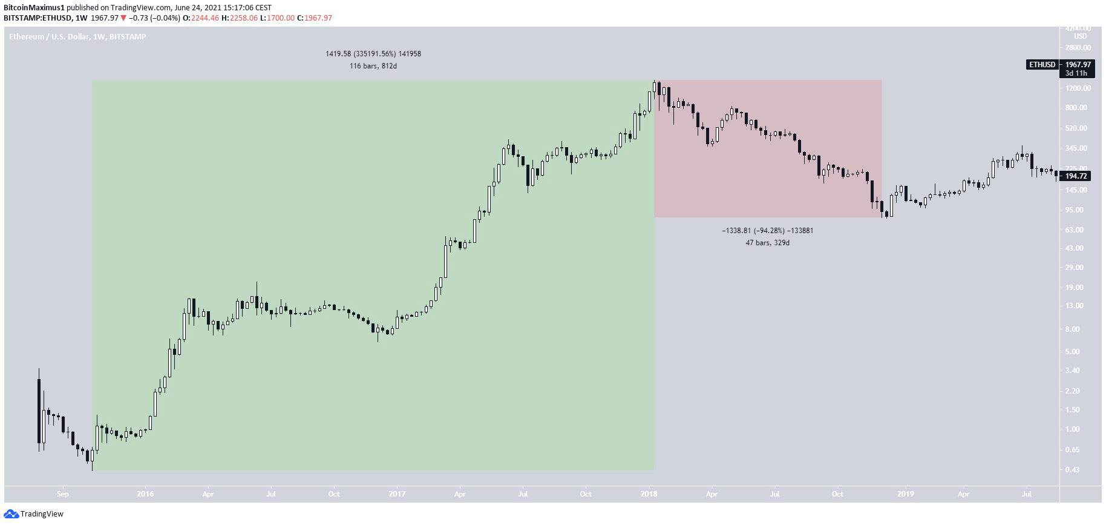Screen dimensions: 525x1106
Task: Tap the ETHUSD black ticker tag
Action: (x=1042, y=65)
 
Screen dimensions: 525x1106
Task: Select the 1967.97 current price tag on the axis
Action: (x=1078, y=65)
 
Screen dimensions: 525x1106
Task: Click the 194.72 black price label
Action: (x=1076, y=176)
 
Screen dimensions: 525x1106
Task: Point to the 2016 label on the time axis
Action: (x=145, y=494)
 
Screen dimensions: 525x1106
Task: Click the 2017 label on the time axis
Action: (x=397, y=494)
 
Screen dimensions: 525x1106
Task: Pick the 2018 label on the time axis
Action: (x=649, y=494)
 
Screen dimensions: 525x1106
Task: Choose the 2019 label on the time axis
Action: (x=905, y=494)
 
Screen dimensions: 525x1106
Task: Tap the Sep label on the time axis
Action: (x=63, y=494)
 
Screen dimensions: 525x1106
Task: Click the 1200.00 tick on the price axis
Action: (x=1078, y=88)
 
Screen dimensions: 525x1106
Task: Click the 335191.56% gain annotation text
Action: (x=373, y=54)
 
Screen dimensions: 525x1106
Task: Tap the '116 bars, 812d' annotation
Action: (x=373, y=66)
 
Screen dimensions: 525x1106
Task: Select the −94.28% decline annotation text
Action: (x=767, y=231)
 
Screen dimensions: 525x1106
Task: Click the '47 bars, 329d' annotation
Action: (x=767, y=243)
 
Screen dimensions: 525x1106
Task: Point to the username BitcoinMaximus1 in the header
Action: (x=33, y=8)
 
